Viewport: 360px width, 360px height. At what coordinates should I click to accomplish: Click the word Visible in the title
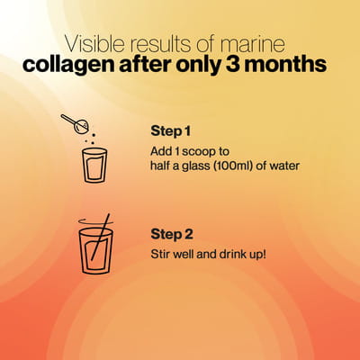[x=94, y=44]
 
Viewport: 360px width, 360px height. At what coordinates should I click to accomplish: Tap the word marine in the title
[x=252, y=44]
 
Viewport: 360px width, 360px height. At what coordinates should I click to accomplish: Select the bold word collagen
[x=68, y=66]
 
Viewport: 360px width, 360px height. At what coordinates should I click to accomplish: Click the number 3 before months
[x=233, y=65]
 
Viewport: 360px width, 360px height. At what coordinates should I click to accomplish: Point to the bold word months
[x=285, y=65]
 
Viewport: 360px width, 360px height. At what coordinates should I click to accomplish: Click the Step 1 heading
[x=170, y=131]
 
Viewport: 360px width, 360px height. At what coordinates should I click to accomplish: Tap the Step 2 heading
[x=172, y=234]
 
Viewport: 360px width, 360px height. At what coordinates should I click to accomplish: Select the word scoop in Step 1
[x=199, y=152]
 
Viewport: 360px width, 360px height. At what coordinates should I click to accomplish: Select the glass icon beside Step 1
[x=94, y=166]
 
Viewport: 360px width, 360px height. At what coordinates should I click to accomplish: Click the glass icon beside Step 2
[x=96, y=251]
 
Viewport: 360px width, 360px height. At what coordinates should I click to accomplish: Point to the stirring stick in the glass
[x=101, y=237]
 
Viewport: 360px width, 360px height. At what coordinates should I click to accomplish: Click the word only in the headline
[x=199, y=66]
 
